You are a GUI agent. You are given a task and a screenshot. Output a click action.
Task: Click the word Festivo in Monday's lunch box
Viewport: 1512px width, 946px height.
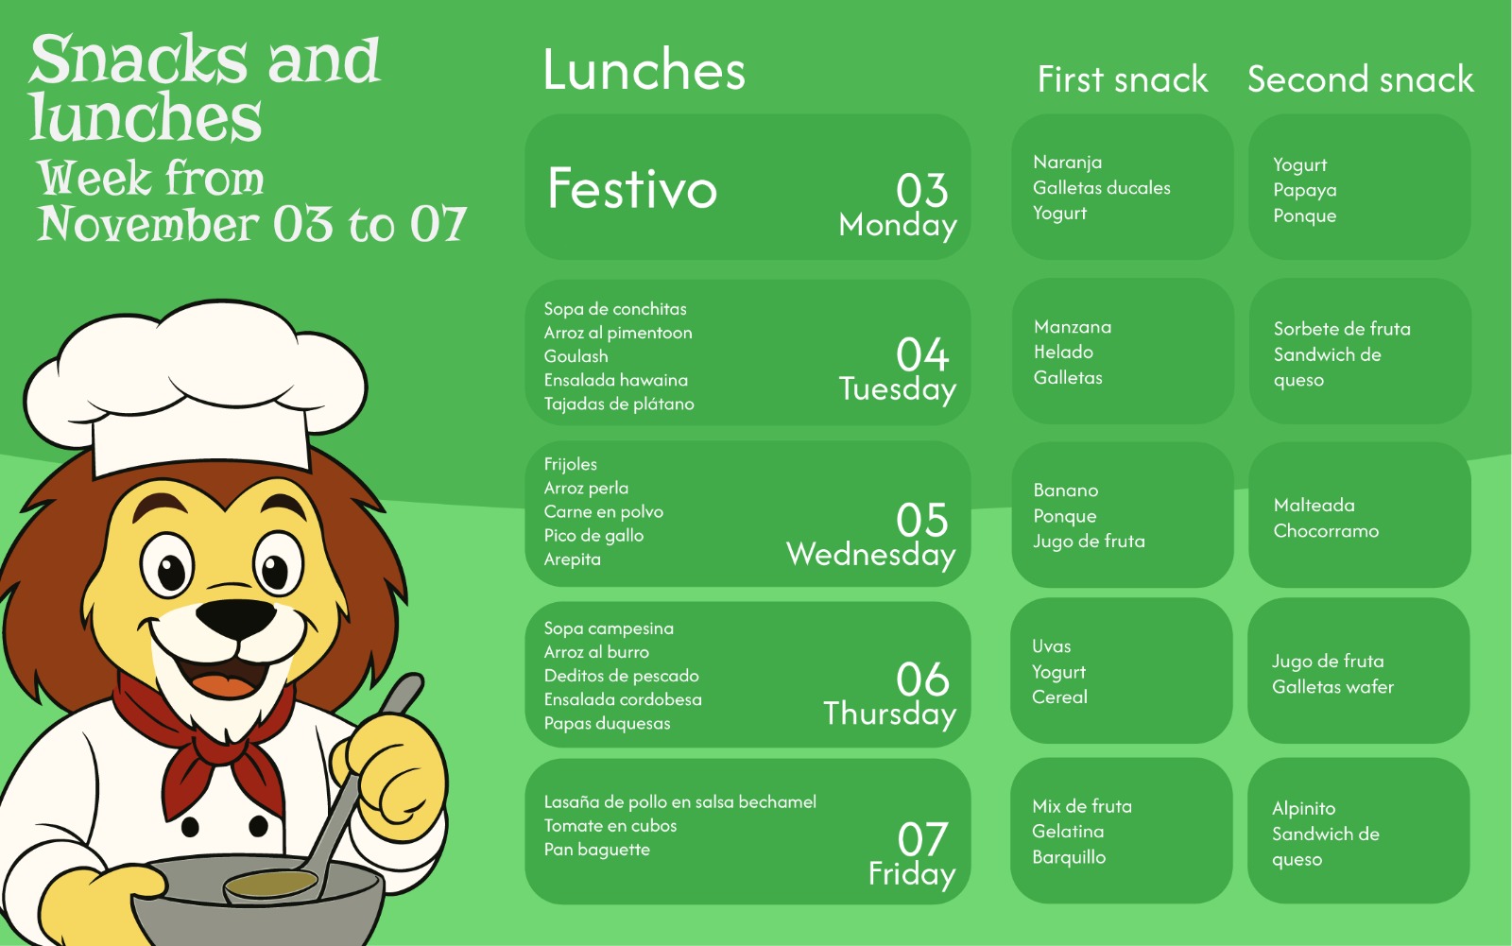point(632,188)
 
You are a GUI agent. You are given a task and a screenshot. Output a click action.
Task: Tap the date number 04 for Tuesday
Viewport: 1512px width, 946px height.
point(922,354)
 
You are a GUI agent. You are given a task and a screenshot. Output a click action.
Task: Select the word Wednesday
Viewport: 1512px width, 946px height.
point(870,555)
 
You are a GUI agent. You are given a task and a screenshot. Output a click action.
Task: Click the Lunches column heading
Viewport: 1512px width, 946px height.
point(644,70)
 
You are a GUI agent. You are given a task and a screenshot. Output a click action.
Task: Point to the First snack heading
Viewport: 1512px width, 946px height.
point(1123,79)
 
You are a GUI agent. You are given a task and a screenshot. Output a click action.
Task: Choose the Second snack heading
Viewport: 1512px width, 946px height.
point(1360,79)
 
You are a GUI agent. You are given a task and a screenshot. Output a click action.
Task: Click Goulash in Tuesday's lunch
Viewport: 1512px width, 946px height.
point(576,356)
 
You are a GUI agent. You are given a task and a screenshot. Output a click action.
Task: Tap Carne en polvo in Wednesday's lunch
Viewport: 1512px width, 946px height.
point(604,511)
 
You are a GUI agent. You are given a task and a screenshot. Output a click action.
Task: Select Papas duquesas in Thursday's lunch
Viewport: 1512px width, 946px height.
point(607,723)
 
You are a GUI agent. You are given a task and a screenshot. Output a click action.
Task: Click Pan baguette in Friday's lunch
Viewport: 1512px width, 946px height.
point(596,850)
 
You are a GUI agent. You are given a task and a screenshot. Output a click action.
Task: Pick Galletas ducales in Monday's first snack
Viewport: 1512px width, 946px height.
point(1102,188)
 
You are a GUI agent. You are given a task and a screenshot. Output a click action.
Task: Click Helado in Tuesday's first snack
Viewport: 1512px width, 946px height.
point(1063,352)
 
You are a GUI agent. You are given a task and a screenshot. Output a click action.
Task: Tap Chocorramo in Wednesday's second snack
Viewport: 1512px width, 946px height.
point(1326,531)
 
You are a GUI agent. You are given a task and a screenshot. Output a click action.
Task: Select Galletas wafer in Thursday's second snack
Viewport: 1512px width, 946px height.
point(1332,687)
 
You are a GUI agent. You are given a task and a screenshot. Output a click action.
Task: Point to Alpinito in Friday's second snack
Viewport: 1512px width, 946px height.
point(1303,809)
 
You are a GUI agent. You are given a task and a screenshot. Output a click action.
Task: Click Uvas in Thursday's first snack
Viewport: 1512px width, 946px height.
point(1051,646)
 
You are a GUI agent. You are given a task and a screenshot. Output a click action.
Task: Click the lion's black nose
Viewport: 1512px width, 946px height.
point(236,616)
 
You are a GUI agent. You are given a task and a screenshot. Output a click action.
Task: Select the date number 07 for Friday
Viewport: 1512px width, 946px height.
point(922,839)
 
